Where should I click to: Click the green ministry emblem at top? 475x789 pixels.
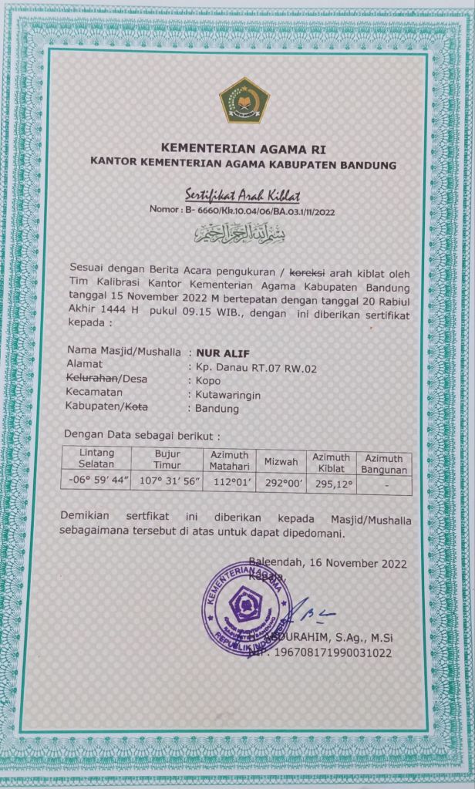245,100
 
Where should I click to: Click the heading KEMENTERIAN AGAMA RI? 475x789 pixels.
244,147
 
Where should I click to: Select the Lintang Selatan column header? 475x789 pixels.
96,459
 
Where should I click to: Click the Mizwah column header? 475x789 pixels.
281,461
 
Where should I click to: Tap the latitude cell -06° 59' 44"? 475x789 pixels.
96,483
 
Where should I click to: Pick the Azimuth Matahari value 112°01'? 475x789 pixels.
229,484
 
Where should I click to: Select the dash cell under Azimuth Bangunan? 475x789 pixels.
385,484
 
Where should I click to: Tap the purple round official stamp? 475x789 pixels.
245,602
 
